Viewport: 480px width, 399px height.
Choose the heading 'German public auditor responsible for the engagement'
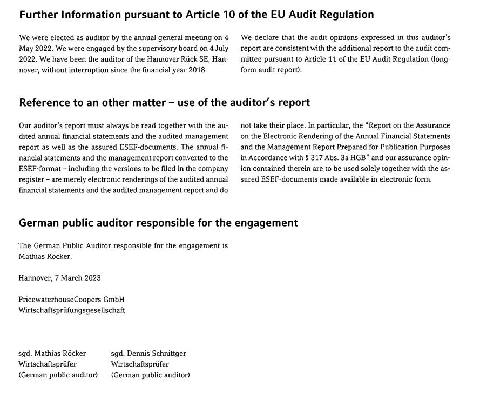click(158, 223)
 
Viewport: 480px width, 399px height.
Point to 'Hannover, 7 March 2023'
click(59, 278)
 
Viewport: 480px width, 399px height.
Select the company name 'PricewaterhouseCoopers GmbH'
click(71, 300)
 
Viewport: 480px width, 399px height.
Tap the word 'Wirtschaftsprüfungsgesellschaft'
click(71, 310)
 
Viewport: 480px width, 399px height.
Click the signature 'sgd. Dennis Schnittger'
click(148, 354)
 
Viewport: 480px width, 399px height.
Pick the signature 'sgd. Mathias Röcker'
click(52, 354)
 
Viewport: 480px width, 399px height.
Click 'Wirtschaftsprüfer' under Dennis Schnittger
click(140, 364)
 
